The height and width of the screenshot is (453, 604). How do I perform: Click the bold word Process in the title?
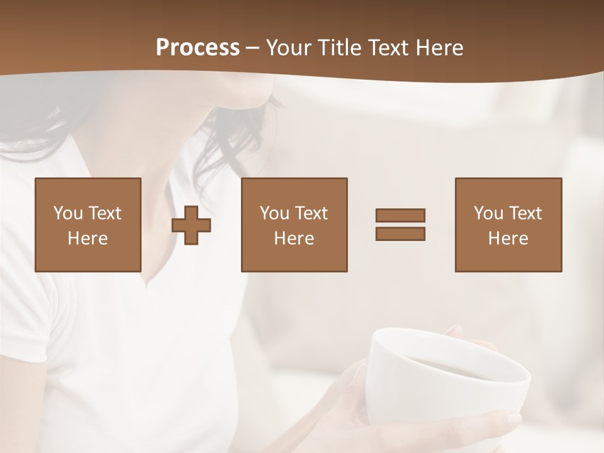click(198, 48)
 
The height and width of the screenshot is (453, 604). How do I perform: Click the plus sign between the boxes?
click(192, 225)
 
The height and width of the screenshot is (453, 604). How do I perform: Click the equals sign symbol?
click(400, 225)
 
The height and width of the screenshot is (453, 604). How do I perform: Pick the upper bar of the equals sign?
click(400, 215)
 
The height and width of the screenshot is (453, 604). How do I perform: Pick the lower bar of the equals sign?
click(400, 233)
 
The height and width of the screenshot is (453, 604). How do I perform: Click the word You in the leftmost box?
click(68, 213)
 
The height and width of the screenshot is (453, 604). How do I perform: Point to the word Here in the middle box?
click(294, 238)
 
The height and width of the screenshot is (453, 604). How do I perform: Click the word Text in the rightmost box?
click(526, 213)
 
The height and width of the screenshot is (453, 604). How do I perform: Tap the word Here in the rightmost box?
click(508, 238)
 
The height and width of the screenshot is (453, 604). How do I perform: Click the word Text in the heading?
click(388, 48)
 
